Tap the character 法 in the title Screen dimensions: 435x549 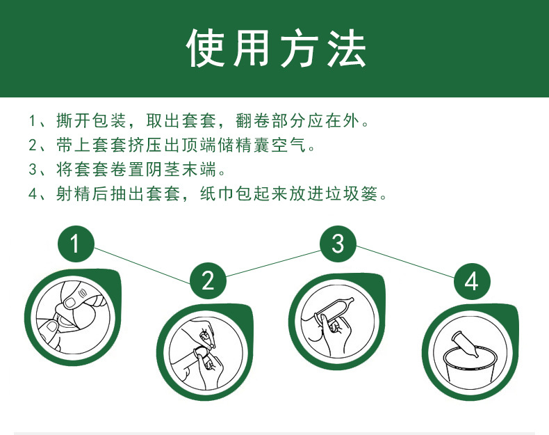[x=345, y=49]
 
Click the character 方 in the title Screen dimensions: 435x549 [x=300, y=49]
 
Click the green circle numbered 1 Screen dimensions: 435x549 [x=76, y=243]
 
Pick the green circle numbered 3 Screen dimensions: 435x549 [x=338, y=244]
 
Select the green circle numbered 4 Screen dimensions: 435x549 [x=472, y=280]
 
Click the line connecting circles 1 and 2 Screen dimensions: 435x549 [x=142, y=262]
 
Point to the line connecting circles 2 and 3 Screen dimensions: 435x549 [x=273, y=262]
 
